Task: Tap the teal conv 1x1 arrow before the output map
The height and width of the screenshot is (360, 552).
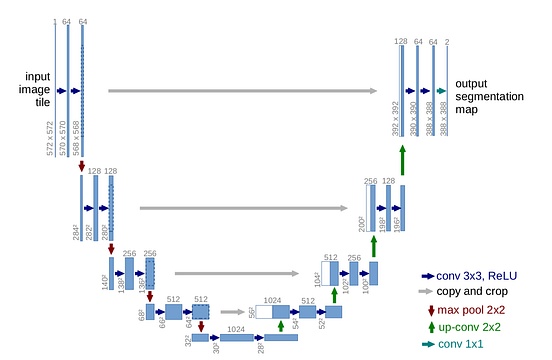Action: pos(440,91)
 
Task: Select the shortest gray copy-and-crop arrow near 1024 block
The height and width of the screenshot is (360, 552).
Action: pos(234,311)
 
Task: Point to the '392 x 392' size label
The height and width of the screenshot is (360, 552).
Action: pos(396,117)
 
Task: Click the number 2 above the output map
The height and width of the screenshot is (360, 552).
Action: pos(447,42)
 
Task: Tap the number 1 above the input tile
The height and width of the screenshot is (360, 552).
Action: pos(55,21)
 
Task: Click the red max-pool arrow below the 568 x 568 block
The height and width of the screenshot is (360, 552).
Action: pos(82,166)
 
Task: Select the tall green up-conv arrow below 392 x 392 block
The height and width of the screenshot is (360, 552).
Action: pos(402,158)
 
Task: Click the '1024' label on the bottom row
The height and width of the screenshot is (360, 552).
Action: pos(236,328)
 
